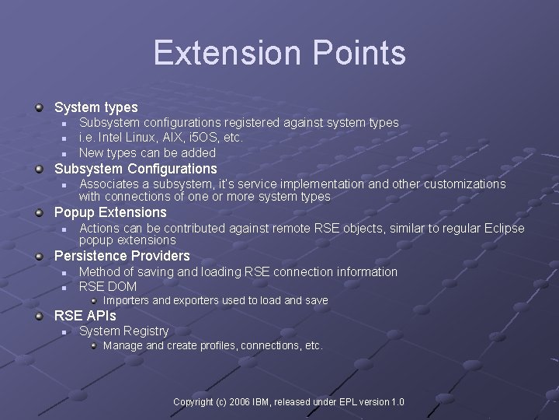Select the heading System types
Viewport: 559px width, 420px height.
(x=95, y=107)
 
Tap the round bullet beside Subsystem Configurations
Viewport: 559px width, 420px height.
(x=40, y=169)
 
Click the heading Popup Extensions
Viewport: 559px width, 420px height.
(x=110, y=212)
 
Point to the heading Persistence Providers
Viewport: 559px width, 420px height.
(x=122, y=256)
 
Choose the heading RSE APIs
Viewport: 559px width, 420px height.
(x=85, y=315)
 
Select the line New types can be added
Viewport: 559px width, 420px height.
(x=148, y=152)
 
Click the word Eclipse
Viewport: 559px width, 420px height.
(x=504, y=228)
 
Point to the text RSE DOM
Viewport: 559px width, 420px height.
(x=108, y=286)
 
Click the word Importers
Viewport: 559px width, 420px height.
(x=127, y=300)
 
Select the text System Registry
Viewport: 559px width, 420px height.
(x=123, y=331)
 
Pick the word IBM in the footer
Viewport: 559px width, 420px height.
(x=259, y=402)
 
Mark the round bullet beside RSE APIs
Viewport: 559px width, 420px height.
(x=40, y=316)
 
